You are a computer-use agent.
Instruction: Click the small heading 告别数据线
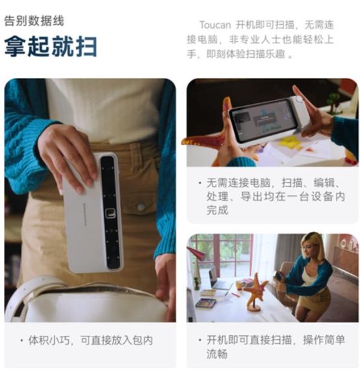(34, 21)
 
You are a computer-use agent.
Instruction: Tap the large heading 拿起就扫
(51, 47)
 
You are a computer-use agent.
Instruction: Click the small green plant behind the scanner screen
(334, 101)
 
